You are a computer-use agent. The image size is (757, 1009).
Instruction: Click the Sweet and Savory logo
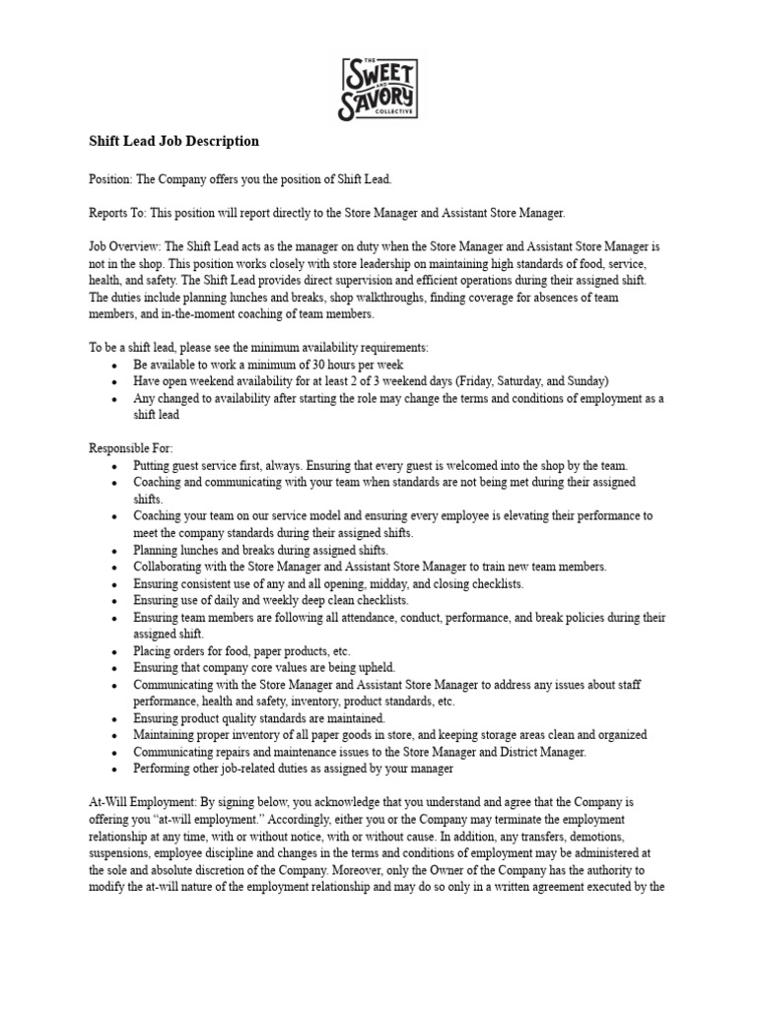pyautogui.click(x=378, y=88)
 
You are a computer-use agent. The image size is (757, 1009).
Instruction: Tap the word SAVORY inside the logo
pyautogui.click(x=378, y=101)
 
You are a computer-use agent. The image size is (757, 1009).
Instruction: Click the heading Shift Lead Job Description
pyautogui.click(x=173, y=141)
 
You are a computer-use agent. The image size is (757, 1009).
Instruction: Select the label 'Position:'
pyautogui.click(x=110, y=179)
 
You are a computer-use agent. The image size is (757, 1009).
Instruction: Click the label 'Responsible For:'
pyautogui.click(x=130, y=448)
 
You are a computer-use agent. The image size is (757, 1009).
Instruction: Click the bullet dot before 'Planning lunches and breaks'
pyautogui.click(x=115, y=550)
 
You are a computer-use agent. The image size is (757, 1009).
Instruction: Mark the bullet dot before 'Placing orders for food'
pyautogui.click(x=115, y=651)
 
